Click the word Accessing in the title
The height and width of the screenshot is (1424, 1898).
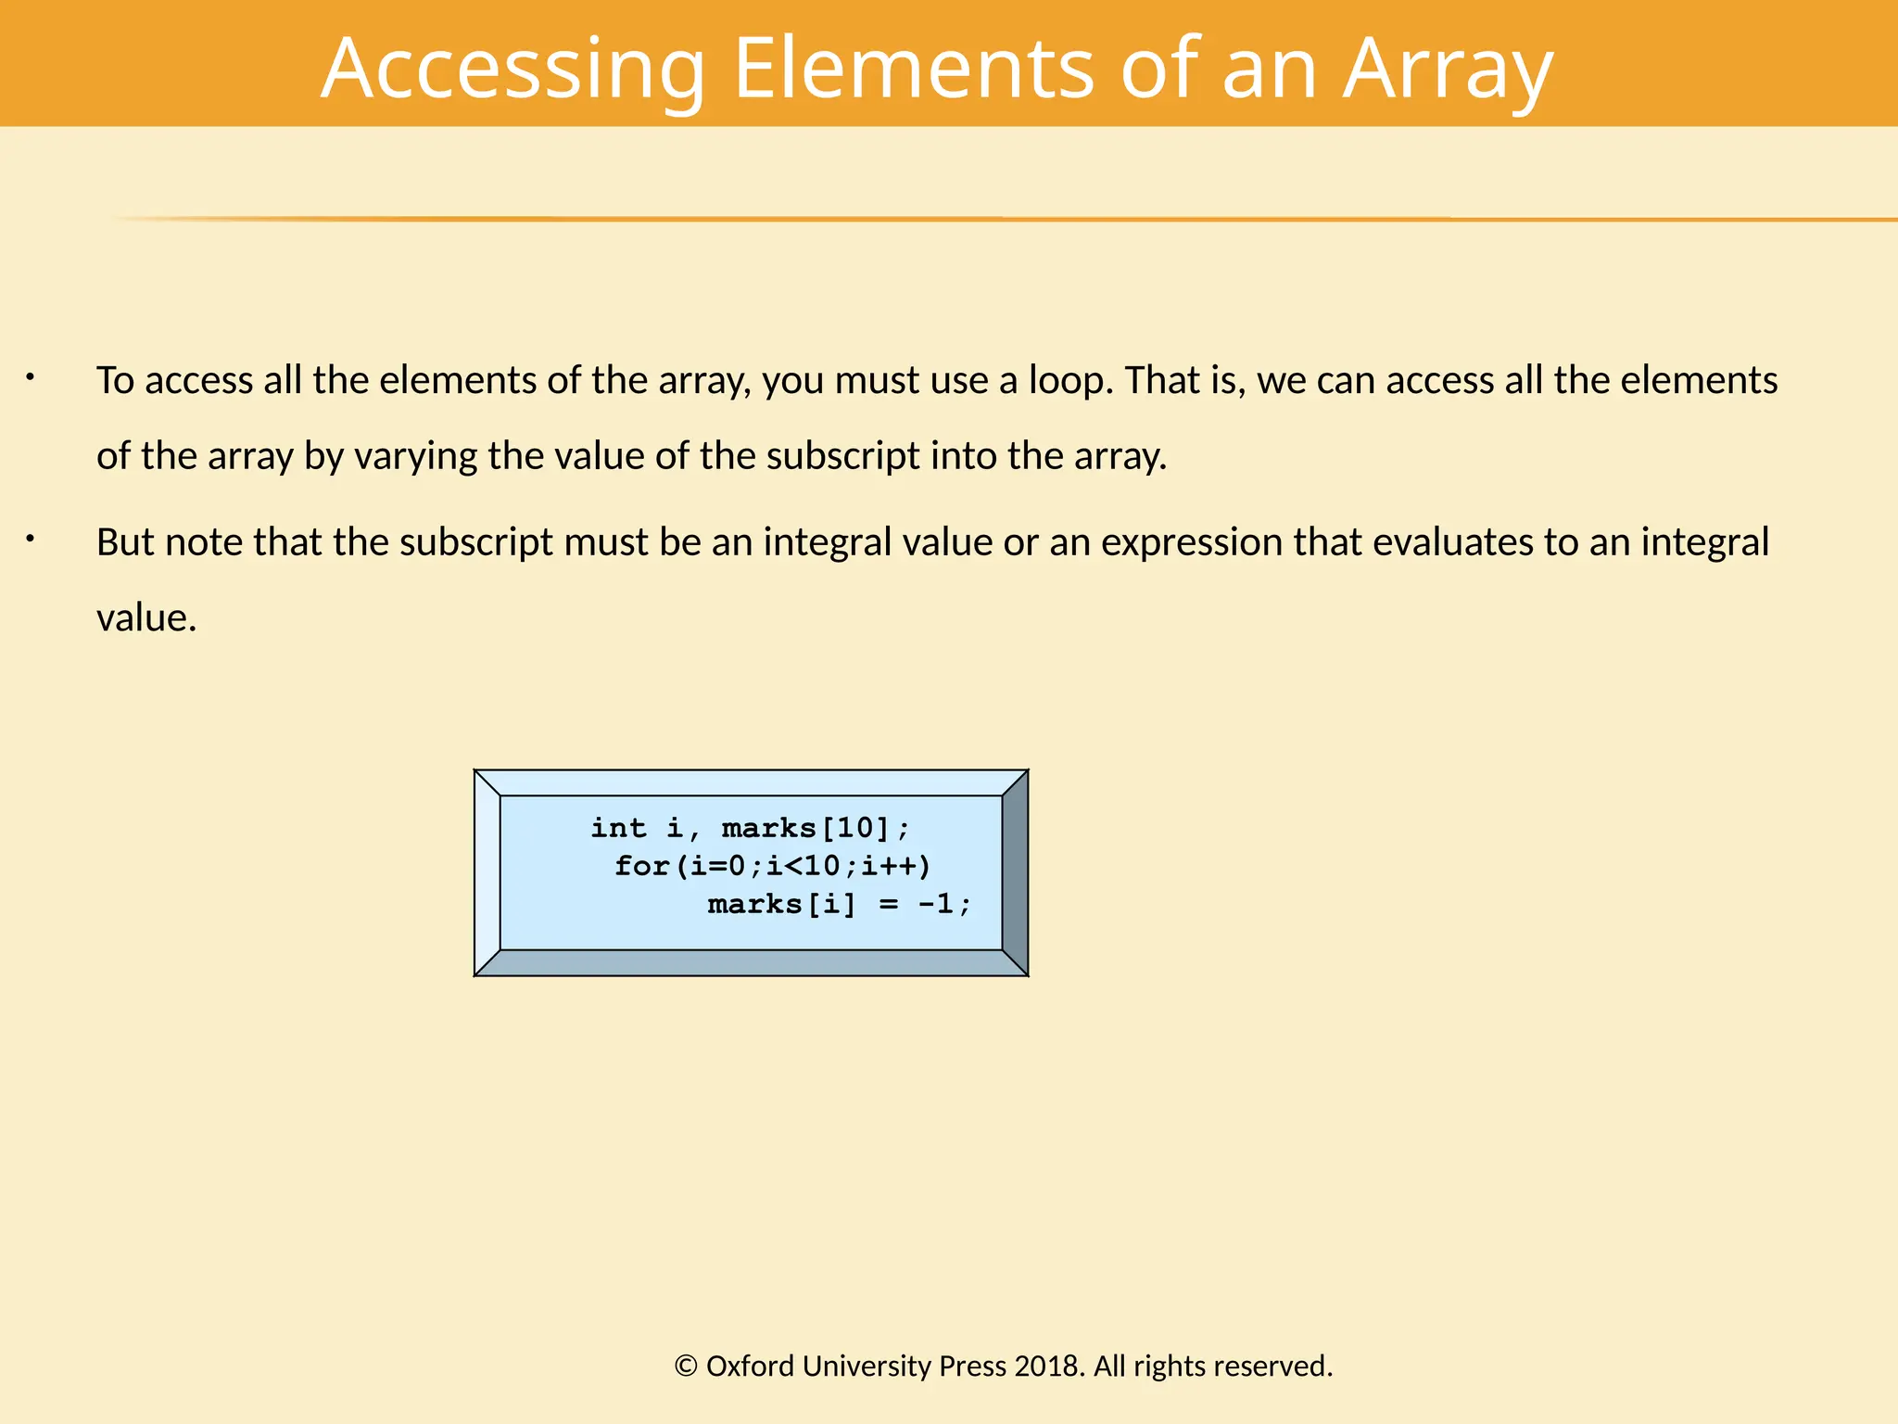point(512,70)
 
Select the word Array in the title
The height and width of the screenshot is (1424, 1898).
point(1447,70)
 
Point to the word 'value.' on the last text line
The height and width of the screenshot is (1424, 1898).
point(146,618)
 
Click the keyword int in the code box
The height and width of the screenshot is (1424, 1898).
point(618,828)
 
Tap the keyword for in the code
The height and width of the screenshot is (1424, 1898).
point(641,866)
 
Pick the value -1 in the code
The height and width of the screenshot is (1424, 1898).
point(935,904)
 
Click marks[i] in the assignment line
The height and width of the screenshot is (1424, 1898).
point(781,904)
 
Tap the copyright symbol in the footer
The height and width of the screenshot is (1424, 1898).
point(686,1366)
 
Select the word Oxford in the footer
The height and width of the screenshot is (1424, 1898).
point(750,1366)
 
